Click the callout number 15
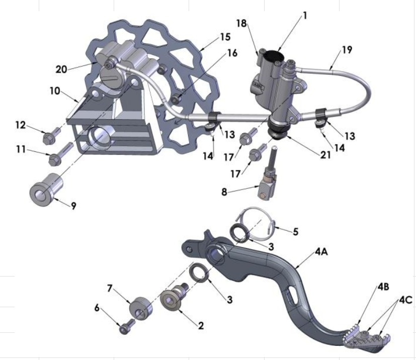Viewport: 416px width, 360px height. pyautogui.click(x=224, y=37)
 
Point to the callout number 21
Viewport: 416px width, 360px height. pyautogui.click(x=325, y=155)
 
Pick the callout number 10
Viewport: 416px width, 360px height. pyautogui.click(x=55, y=91)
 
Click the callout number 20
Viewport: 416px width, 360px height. pyautogui.click(x=61, y=69)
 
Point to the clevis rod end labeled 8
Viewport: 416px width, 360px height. pyautogui.click(x=266, y=187)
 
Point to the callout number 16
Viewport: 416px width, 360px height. pyautogui.click(x=231, y=53)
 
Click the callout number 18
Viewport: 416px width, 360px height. pyautogui.click(x=241, y=24)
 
